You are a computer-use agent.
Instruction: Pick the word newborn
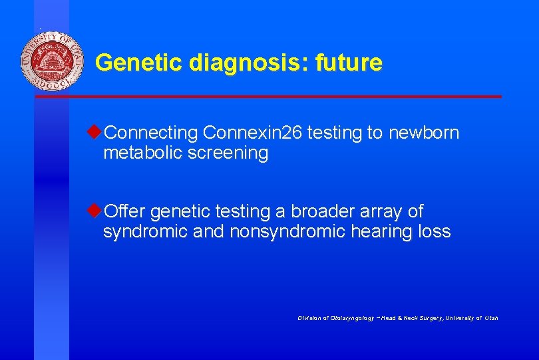(x=423, y=133)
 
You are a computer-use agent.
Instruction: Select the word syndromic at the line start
(x=140, y=232)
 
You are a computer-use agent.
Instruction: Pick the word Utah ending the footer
(x=490, y=318)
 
